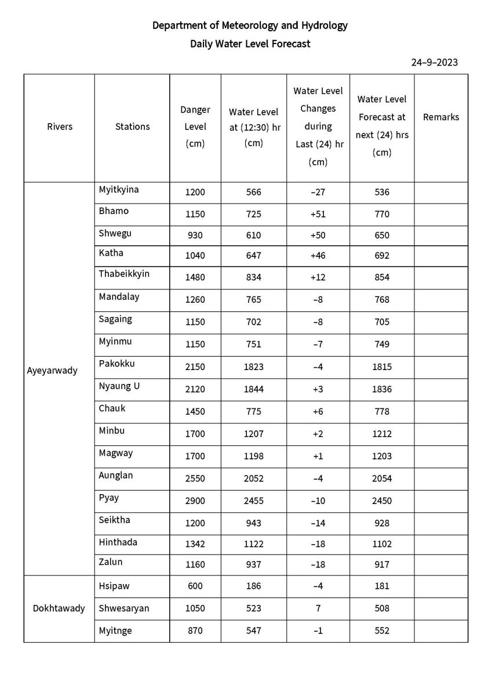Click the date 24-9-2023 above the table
click(x=434, y=63)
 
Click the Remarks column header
click(x=440, y=117)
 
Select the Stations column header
click(x=132, y=126)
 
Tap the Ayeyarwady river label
click(x=52, y=371)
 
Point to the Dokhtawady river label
click(x=59, y=608)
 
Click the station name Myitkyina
click(x=119, y=190)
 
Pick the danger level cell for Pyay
click(x=195, y=501)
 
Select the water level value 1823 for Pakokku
click(x=253, y=367)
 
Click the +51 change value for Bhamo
click(x=318, y=214)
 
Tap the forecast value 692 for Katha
click(x=382, y=256)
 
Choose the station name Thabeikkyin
click(x=124, y=274)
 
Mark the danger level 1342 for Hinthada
click(x=195, y=544)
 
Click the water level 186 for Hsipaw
click(x=253, y=586)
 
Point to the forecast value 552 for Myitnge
click(x=382, y=631)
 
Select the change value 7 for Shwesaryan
click(x=318, y=608)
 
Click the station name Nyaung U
click(x=119, y=386)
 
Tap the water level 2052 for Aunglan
click(x=253, y=478)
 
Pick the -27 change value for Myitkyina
click(x=318, y=193)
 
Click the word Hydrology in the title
click(x=320, y=26)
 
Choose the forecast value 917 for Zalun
click(x=382, y=564)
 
